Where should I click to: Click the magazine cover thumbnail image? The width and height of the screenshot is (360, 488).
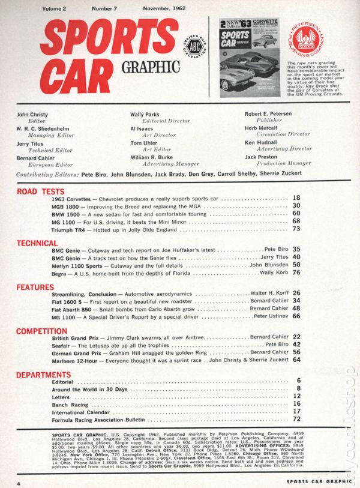[250, 58]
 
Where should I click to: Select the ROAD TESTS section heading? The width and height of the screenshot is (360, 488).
[37, 193]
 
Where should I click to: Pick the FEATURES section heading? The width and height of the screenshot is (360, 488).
[35, 287]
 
